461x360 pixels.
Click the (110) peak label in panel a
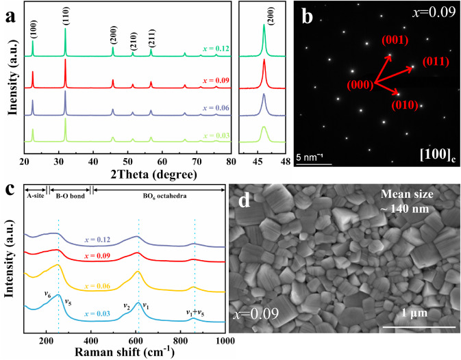click(65, 15)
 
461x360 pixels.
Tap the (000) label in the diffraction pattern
click(361, 85)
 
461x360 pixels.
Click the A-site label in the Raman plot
click(36, 196)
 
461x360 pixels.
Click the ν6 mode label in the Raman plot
click(47, 294)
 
